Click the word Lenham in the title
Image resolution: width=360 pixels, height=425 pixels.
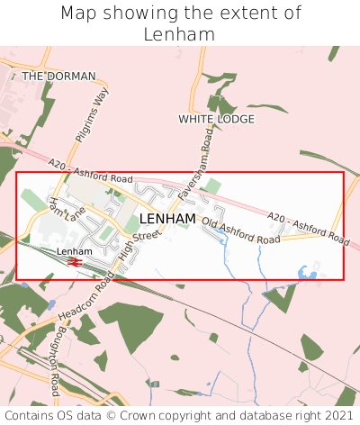[179, 34]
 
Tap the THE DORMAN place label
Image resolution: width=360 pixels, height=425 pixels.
[58, 77]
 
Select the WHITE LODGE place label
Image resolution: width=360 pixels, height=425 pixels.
[216, 119]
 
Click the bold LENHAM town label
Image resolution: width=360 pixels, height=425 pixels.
[167, 219]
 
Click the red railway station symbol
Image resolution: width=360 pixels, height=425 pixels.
[75, 262]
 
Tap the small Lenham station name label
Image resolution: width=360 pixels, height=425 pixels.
[75, 250]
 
